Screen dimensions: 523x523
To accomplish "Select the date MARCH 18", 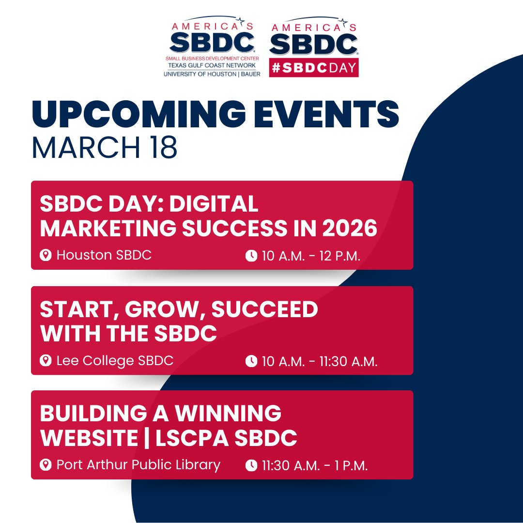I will [x=104, y=149].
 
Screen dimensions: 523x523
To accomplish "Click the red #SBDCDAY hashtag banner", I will [x=313, y=68].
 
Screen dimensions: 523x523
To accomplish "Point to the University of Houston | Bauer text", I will [x=212, y=74].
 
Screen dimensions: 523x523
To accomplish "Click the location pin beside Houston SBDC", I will [x=46, y=255].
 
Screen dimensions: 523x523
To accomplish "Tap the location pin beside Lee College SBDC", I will [x=46, y=361].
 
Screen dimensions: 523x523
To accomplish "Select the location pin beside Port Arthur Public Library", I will [x=46, y=465].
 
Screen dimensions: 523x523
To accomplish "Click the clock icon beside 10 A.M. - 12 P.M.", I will [x=251, y=256].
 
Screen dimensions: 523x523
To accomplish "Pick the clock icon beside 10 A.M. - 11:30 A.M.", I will [x=251, y=361].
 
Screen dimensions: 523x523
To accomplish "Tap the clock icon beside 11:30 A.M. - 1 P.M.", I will [x=251, y=466].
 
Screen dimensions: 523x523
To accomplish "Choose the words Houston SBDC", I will [x=104, y=255].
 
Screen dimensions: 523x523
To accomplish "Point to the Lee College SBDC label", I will [x=115, y=361].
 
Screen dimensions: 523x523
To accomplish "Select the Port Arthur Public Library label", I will [x=138, y=465].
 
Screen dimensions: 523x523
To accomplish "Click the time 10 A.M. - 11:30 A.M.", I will [x=320, y=361].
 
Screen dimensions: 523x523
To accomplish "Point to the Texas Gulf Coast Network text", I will [x=212, y=65].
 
